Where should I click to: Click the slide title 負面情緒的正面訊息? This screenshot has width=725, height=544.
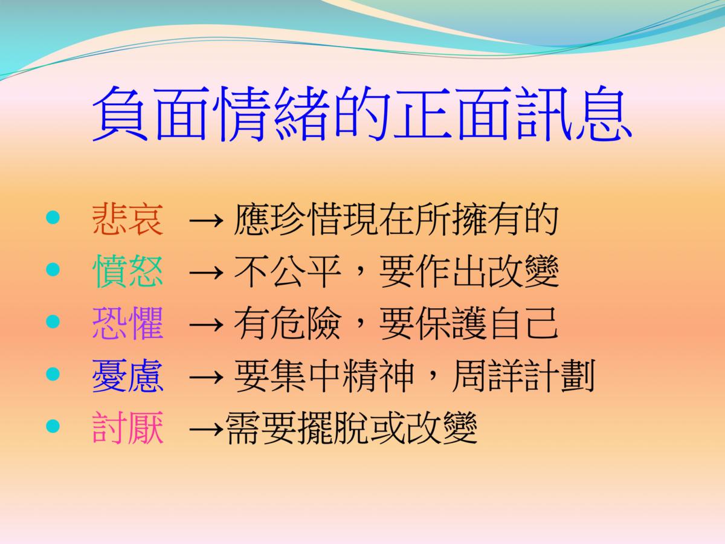362,113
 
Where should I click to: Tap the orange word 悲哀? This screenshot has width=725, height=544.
128,219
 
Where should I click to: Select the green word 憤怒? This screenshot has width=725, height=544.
128,271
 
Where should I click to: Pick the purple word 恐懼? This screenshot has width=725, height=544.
128,323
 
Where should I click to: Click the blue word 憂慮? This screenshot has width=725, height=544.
128,375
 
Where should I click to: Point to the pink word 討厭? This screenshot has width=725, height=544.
128,427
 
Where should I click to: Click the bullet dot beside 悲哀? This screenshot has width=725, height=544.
53,218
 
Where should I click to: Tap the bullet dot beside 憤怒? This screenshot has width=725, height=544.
53,269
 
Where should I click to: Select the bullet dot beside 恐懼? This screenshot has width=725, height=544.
53,322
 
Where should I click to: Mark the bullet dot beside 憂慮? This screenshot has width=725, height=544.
53,374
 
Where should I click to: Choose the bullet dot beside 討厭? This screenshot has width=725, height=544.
53,426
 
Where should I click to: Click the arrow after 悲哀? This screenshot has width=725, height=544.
206,220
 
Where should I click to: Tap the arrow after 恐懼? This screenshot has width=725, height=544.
206,325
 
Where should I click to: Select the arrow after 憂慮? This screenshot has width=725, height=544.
206,377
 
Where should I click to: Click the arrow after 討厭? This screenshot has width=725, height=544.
206,429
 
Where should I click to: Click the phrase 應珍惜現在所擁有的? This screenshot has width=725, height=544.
396,219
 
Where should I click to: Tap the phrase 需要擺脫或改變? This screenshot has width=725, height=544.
352,428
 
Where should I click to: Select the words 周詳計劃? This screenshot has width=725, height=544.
524,375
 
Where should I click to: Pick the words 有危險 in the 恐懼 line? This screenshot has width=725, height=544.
287,323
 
